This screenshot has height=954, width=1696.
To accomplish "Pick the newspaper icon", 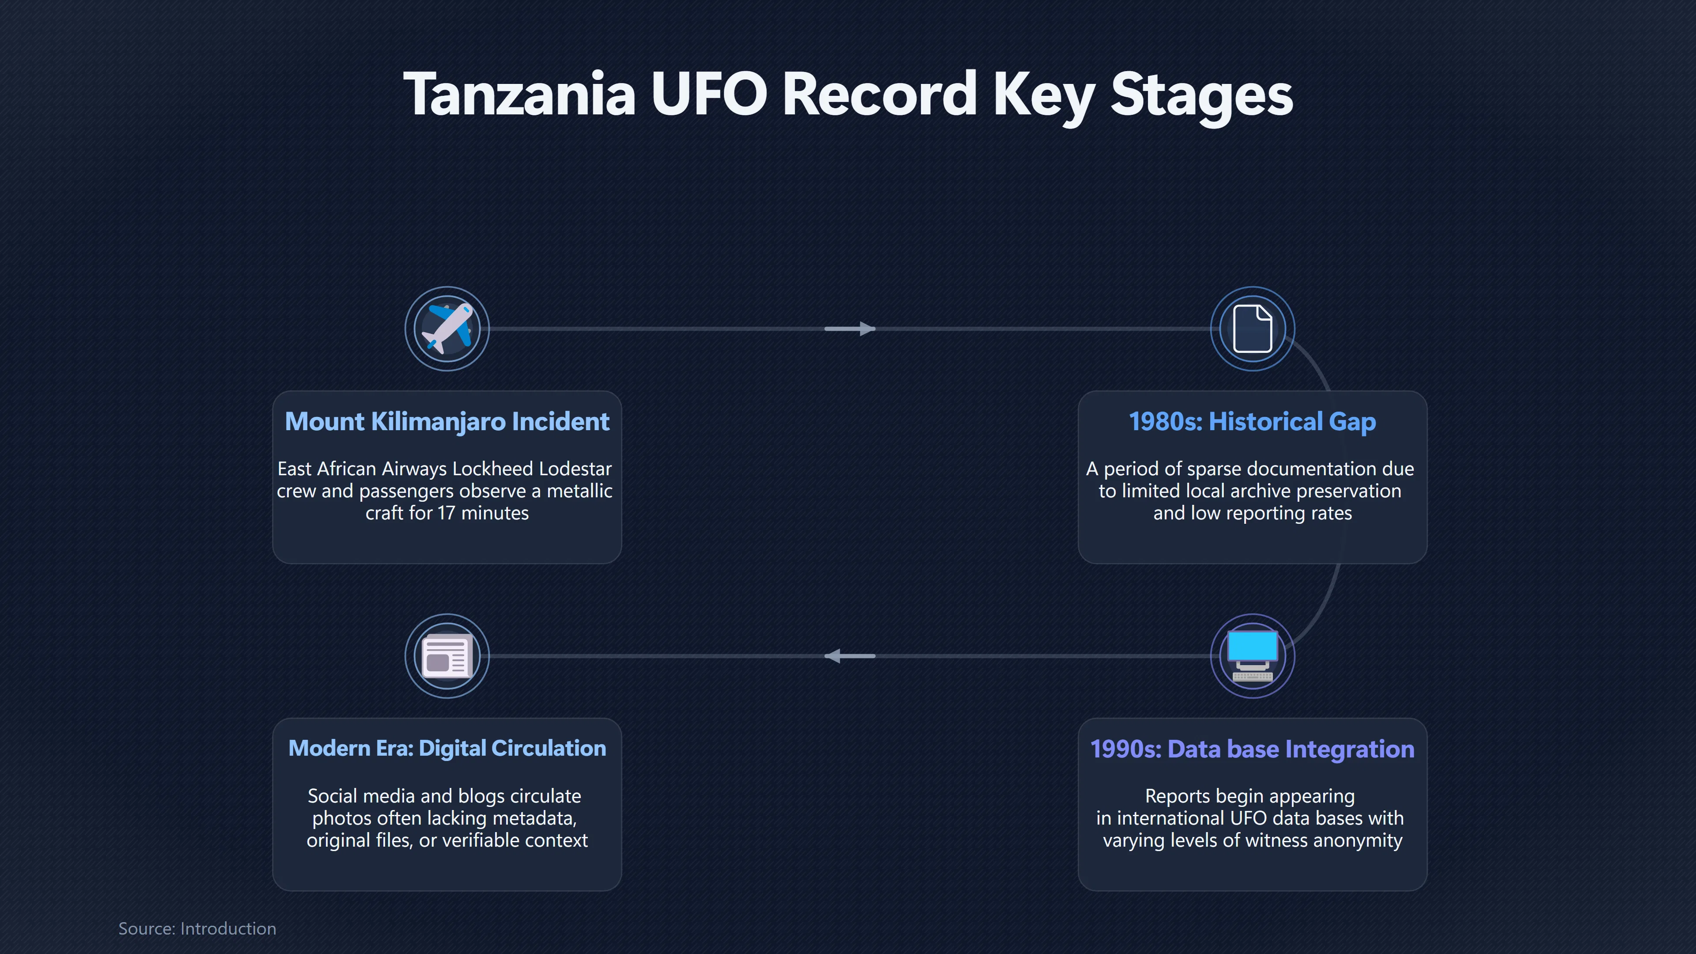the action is [x=447, y=656].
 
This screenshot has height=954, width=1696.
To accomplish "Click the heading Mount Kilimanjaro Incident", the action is [x=447, y=421].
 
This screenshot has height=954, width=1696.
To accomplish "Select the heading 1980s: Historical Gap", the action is [x=1252, y=421].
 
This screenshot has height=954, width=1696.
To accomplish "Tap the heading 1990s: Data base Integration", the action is [x=1252, y=749].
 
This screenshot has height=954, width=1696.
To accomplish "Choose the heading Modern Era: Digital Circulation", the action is [x=447, y=749].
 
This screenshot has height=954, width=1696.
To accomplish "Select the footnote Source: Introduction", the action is [x=197, y=928].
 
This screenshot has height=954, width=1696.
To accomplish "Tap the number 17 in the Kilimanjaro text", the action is [x=447, y=513].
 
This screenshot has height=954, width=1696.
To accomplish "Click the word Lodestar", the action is [x=575, y=469].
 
